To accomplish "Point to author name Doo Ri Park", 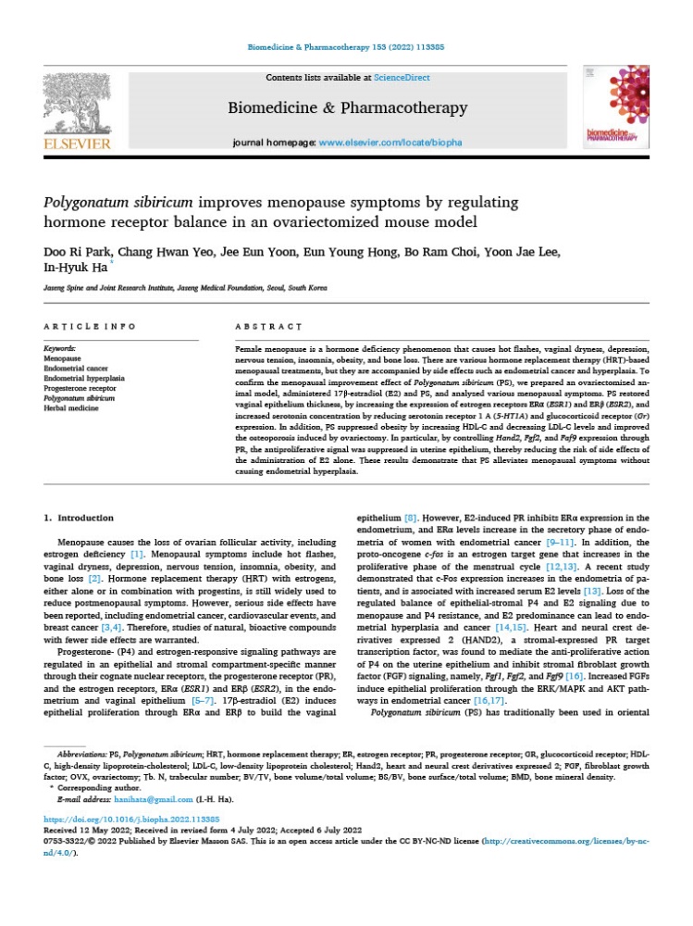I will pos(80,253).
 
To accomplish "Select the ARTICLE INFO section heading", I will pos(90,327).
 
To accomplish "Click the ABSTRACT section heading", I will pos(269,327).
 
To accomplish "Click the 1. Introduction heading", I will pos(79,518).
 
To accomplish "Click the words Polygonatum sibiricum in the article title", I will pos(125,203).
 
